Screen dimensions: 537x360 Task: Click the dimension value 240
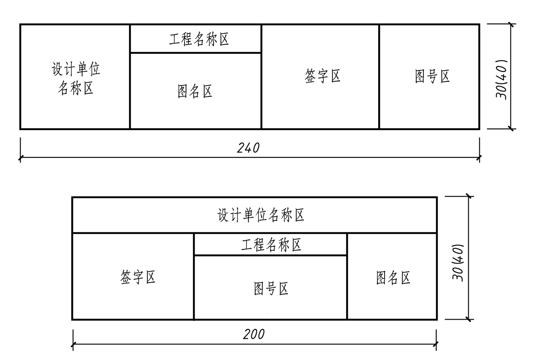tap(248, 148)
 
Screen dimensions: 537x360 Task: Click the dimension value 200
tap(254, 334)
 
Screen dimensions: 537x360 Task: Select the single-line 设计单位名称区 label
tap(261, 215)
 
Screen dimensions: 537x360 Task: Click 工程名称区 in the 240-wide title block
tap(199, 40)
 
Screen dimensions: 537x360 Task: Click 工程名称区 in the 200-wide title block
tap(271, 245)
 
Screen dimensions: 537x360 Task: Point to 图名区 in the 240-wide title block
tap(195, 91)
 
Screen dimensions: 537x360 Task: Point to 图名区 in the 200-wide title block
tap(393, 278)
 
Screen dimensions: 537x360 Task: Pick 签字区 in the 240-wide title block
tap(322, 76)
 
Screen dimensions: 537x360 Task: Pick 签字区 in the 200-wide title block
tap(138, 278)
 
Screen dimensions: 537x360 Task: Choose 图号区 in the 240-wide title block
tap(432, 77)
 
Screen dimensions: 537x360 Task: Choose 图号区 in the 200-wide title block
tap(271, 289)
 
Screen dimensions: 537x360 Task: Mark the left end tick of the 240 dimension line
tap(20, 158)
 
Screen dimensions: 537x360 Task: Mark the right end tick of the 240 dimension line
tap(479, 158)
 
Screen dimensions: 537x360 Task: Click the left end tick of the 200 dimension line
tap(73, 345)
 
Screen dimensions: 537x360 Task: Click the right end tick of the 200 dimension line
tap(436, 345)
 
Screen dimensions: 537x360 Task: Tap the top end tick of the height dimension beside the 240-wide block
tap(510, 24)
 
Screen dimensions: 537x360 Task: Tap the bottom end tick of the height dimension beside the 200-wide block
tap(468, 319)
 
